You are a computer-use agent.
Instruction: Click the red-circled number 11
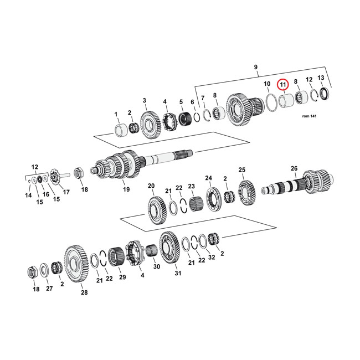(x=283, y=84)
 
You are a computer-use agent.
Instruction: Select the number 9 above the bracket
(x=256, y=68)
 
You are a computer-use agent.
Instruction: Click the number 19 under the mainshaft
(x=126, y=189)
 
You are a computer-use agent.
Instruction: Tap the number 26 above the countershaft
(x=294, y=168)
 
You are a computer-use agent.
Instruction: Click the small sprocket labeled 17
(x=55, y=179)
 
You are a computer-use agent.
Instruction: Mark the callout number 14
(x=28, y=196)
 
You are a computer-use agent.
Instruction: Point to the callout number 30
(x=156, y=266)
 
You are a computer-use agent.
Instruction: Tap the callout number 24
(x=208, y=178)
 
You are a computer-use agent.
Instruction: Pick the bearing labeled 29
(x=116, y=258)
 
